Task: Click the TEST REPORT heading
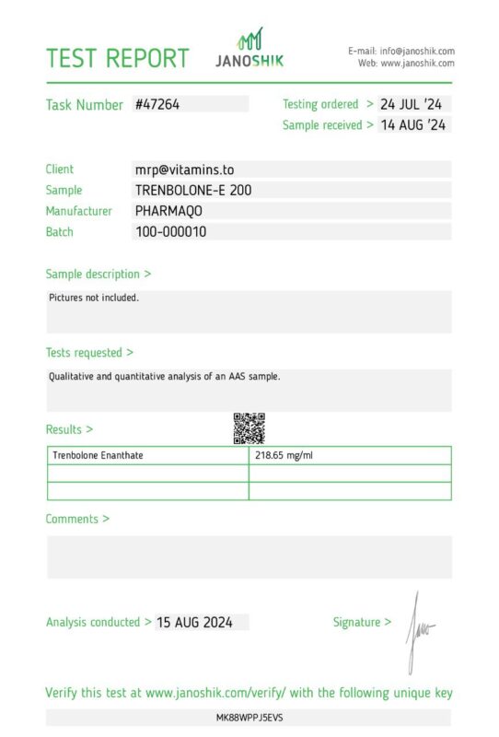(117, 58)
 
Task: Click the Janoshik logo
(249, 48)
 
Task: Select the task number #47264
(157, 105)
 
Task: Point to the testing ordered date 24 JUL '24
(412, 104)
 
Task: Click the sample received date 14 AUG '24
(412, 125)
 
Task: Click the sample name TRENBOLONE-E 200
(193, 191)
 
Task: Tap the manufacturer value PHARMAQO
(175, 211)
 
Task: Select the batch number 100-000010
(171, 232)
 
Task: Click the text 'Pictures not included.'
(94, 298)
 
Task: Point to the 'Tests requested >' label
(89, 352)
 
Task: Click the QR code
(249, 427)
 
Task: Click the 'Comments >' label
(77, 519)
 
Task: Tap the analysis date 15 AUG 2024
(194, 623)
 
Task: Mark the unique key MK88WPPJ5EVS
(249, 717)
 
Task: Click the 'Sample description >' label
(99, 274)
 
